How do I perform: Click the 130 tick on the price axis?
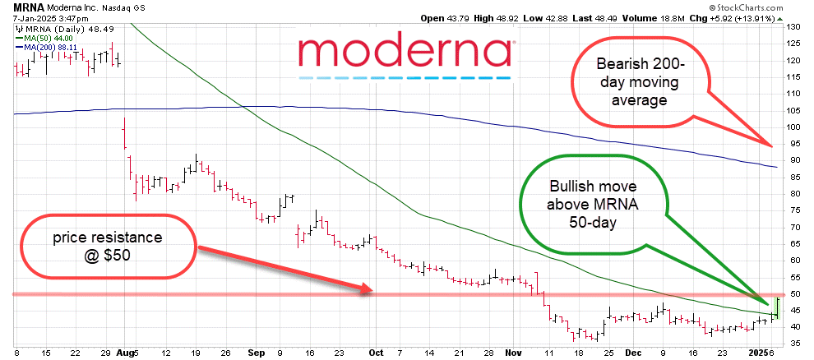794,27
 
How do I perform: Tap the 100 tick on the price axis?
794,127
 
